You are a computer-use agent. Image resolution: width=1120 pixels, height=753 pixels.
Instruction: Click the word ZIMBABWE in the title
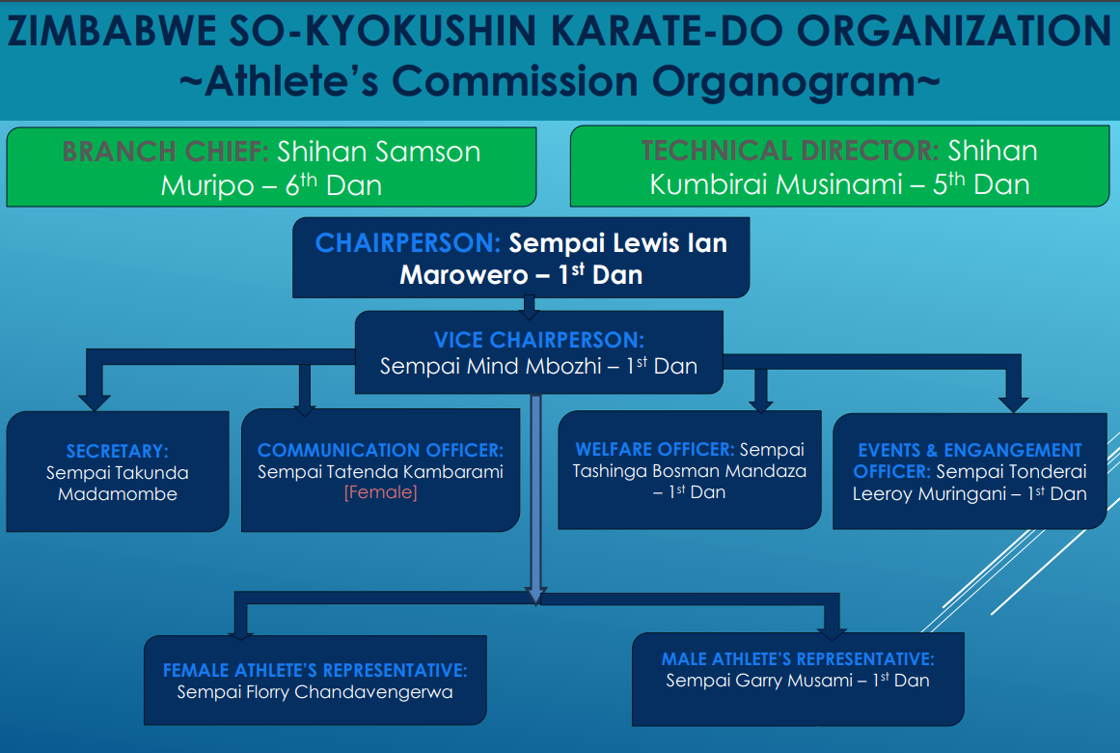point(112,31)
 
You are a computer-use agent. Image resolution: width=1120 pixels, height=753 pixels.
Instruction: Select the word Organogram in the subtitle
point(783,81)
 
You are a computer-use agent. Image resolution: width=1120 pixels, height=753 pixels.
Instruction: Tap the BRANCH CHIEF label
point(165,152)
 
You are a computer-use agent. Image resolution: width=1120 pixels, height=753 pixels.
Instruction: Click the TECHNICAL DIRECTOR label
point(790,151)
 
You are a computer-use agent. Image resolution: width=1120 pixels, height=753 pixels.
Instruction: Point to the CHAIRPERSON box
point(521,258)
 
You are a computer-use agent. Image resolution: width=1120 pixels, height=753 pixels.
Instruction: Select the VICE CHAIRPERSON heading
point(538,340)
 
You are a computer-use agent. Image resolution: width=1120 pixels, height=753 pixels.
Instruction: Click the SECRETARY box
point(118,470)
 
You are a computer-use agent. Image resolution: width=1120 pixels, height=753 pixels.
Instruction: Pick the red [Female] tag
point(381,492)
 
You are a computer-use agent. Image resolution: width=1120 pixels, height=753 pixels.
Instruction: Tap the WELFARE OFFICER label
point(654,449)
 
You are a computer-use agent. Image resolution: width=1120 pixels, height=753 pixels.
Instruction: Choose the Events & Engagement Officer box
point(970,471)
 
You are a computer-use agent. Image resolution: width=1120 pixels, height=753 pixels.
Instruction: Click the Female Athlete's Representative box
point(315,680)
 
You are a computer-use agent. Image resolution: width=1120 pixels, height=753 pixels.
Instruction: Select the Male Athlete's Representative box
point(798,680)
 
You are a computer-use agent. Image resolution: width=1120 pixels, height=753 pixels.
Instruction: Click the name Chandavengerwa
point(373,692)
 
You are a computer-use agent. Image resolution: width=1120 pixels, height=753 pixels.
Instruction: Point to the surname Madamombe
point(117,494)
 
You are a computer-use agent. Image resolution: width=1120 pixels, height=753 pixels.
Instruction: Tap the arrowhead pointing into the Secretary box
point(95,402)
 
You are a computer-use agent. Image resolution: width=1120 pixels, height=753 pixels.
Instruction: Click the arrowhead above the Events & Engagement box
point(1013,404)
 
